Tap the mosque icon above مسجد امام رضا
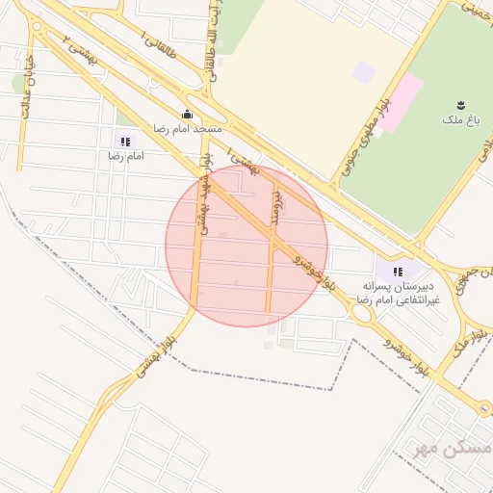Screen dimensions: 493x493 (187, 114)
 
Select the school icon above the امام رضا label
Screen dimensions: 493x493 (123, 142)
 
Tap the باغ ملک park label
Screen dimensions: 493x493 (461, 120)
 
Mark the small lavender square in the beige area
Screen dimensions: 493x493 (363, 72)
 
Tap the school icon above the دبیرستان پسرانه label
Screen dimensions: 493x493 (398, 272)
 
